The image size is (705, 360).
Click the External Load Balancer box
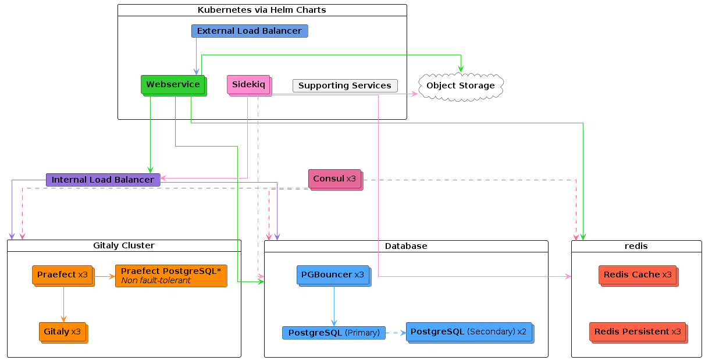[x=250, y=31]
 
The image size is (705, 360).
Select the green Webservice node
[x=174, y=85]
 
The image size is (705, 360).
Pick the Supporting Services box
[x=345, y=85]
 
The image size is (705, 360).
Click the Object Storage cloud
[x=461, y=87]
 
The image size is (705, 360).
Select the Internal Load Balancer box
[x=103, y=180]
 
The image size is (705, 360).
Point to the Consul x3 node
[x=336, y=180]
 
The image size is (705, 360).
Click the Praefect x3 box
[x=63, y=276]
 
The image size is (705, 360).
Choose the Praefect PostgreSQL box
[x=171, y=276]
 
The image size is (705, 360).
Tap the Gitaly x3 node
[x=63, y=333]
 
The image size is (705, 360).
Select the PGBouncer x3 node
[x=334, y=276]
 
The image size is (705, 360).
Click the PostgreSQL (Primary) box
[x=334, y=333]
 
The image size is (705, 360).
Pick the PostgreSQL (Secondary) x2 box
[x=470, y=333]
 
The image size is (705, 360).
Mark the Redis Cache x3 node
[x=639, y=276]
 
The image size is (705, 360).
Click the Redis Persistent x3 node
[x=639, y=333]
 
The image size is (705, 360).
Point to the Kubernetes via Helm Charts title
[x=262, y=10]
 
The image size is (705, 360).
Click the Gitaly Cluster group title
[x=124, y=245]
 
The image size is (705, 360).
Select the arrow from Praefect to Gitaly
[x=63, y=304]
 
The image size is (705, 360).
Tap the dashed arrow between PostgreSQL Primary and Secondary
[x=396, y=333]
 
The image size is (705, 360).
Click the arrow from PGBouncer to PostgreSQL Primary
[x=334, y=306]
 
